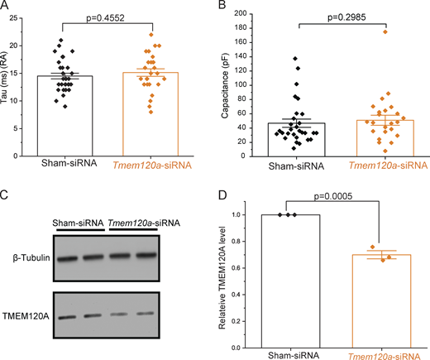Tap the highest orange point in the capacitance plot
pyautogui.click(x=385, y=32)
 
